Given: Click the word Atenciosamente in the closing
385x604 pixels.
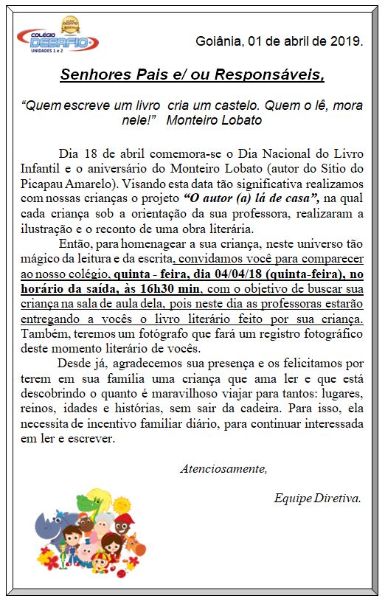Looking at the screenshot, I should [223, 468].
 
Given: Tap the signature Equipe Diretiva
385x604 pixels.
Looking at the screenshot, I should [317, 498].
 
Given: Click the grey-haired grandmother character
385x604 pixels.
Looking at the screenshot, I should [105, 530].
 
